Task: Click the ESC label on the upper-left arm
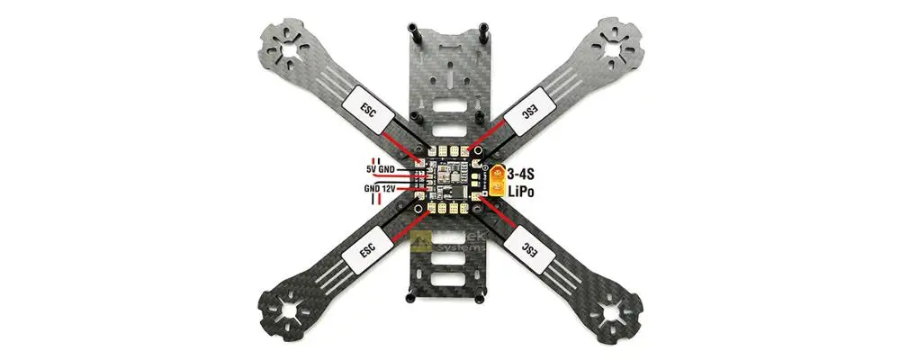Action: point(370,110)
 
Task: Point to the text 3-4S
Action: point(526,172)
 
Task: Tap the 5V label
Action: point(371,168)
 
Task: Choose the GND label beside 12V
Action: point(371,189)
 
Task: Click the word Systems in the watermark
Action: point(463,247)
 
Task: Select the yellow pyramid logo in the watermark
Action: point(420,241)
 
